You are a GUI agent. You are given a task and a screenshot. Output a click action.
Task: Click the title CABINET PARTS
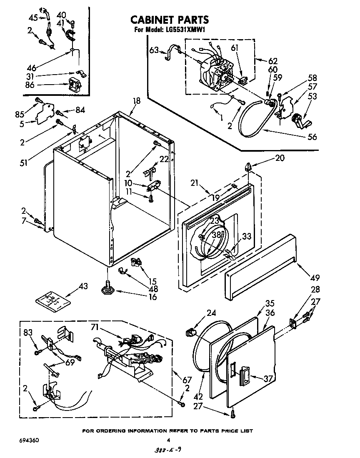tap(170, 20)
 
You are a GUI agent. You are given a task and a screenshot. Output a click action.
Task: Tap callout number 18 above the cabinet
tap(137, 100)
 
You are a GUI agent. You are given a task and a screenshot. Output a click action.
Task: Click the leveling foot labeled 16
tap(107, 288)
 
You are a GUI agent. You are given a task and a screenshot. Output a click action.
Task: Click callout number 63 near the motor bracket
tap(154, 51)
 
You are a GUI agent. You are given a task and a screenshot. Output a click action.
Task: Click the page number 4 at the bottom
tap(168, 440)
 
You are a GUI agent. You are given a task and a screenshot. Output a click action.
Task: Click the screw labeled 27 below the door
tap(232, 413)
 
